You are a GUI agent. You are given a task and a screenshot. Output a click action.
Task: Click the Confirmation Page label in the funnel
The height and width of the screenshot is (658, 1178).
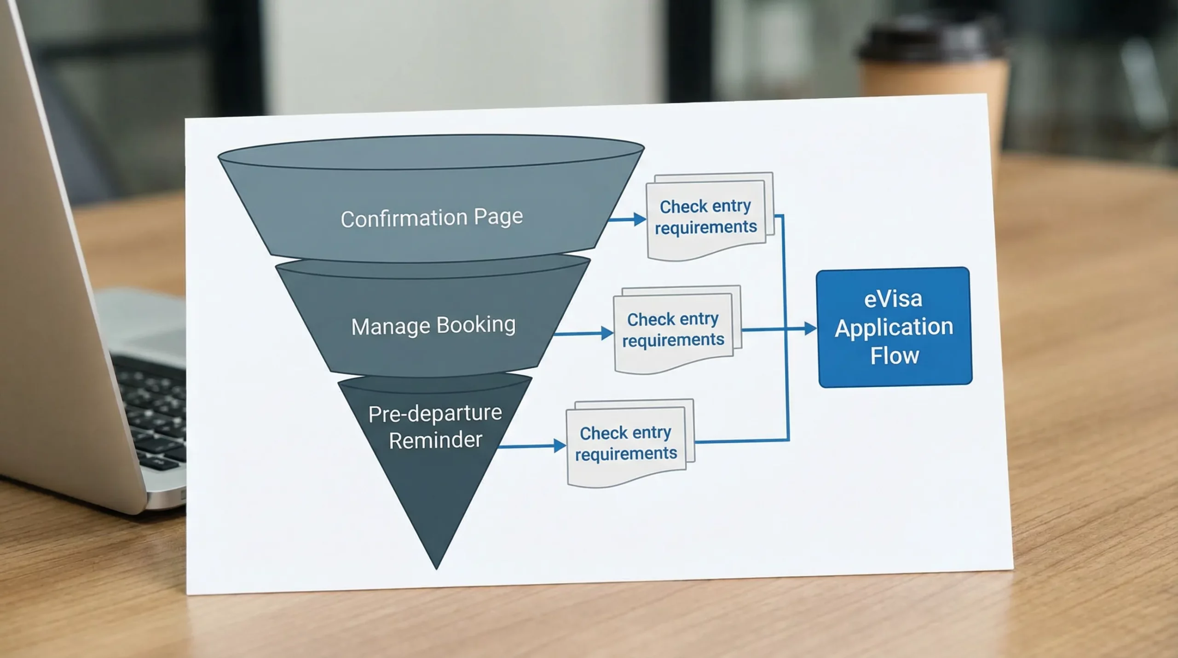click(432, 218)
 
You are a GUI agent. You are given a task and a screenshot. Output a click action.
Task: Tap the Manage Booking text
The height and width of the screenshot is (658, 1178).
click(433, 326)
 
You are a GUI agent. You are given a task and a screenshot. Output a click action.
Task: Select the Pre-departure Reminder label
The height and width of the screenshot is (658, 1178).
click(435, 426)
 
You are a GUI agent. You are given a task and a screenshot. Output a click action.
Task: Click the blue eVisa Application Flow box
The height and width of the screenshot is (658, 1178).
click(895, 327)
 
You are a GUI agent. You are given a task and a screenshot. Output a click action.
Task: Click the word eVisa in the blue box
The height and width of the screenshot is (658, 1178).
click(893, 299)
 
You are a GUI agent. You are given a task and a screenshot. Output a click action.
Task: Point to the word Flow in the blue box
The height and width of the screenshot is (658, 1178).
click(894, 356)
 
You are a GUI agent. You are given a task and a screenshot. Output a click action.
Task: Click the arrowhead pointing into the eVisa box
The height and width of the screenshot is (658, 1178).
click(810, 328)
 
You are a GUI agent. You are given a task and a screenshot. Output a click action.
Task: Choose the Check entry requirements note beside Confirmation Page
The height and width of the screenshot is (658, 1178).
click(706, 217)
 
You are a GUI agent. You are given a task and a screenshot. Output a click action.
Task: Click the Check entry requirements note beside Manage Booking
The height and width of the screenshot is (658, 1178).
click(673, 330)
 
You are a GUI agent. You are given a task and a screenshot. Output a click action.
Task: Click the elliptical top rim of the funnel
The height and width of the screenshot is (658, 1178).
click(431, 152)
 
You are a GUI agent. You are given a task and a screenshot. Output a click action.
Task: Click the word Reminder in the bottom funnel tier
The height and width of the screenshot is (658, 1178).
click(435, 440)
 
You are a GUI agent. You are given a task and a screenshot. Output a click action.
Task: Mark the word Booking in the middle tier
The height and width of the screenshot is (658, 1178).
click(475, 325)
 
